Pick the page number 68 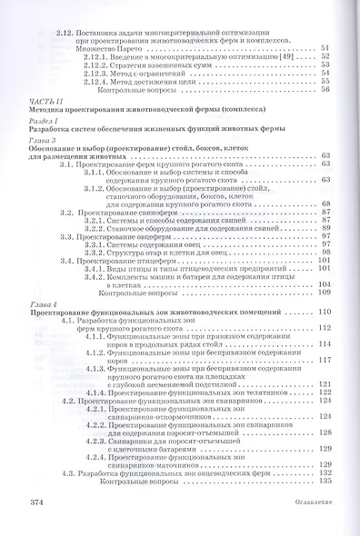[x=325, y=204]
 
